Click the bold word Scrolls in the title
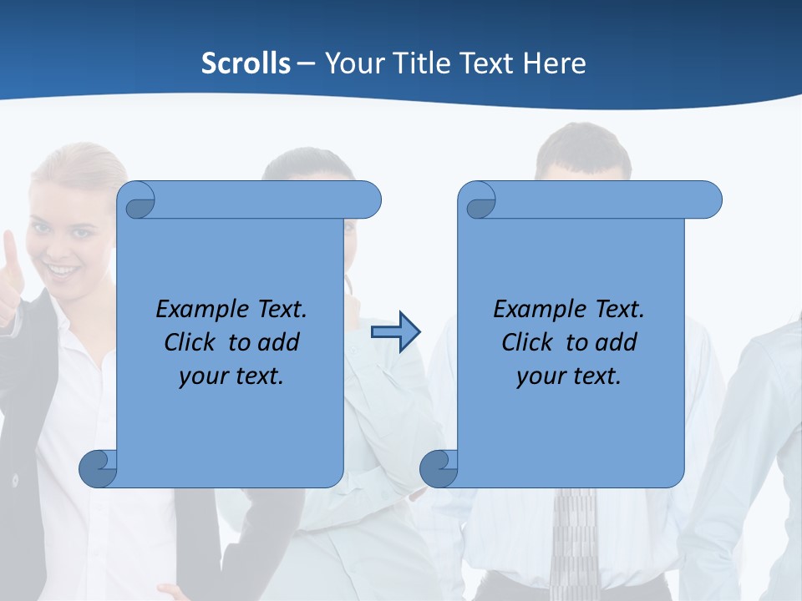coord(246,63)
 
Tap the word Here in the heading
coord(555,63)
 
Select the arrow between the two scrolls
coord(396,331)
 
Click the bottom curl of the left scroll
coord(98,467)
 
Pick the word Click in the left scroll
coord(190,342)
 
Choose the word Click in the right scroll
coord(527,342)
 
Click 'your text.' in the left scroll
coord(231,376)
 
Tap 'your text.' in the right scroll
coord(569,376)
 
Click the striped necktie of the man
coord(575,543)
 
